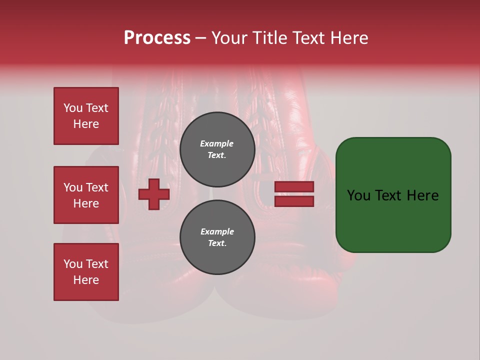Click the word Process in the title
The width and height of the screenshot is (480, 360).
pos(157,38)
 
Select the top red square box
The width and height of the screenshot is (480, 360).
pos(86,116)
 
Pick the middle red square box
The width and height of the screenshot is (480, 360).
pos(86,195)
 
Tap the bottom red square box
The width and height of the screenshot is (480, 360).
pos(86,272)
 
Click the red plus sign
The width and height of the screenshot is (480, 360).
pos(154,194)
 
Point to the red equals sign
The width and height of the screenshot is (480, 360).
pos(294,194)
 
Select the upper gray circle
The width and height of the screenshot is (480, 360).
pos(217,149)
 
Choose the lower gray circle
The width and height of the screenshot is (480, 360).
pos(217,237)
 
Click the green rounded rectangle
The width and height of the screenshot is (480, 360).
pos(393,195)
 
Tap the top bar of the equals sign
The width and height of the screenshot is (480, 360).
pos(294,187)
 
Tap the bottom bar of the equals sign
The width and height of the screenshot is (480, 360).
pos(294,201)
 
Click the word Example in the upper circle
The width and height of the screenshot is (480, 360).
pos(217,143)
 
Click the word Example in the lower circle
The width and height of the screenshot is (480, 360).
pos(217,231)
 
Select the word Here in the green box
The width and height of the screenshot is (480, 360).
pos(422,195)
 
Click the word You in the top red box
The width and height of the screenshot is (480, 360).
pos(73,108)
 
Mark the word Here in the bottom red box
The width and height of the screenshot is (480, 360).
pos(86,280)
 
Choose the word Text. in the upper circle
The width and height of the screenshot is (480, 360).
pos(217,155)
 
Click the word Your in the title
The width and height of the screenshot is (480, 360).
pos(229,38)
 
